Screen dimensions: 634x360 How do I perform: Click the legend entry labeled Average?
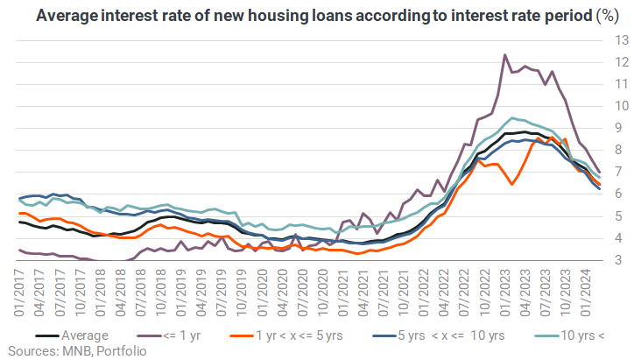click(72, 335)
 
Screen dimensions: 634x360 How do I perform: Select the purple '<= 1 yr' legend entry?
click(169, 335)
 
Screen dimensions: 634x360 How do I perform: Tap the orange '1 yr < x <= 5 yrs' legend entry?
click(286, 335)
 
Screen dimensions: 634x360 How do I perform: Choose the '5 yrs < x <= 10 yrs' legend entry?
click(439, 335)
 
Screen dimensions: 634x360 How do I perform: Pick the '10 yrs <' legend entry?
click(569, 335)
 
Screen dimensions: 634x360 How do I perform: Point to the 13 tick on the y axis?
click(622, 40)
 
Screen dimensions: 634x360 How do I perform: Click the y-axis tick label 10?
click(622, 106)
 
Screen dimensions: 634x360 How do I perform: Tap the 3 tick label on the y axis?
click(618, 259)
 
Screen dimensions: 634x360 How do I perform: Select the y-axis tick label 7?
click(618, 172)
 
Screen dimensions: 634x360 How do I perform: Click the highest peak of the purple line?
click(505, 54)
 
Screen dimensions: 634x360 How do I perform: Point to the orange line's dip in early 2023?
click(512, 185)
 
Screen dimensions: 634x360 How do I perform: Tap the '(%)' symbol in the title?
click(608, 16)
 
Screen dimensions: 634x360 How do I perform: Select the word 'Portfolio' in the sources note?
click(122, 351)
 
